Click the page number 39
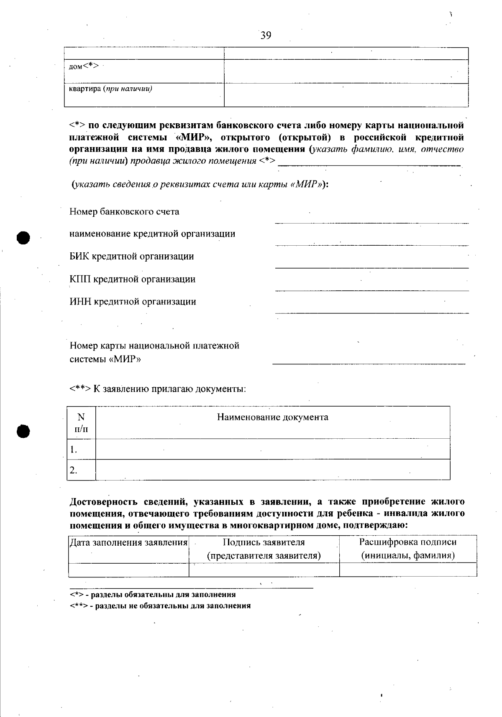pyautogui.click(x=266, y=36)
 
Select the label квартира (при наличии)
pyautogui.click(x=110, y=89)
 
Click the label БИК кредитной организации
pyautogui.click(x=132, y=256)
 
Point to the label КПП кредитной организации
pyautogui.click(x=132, y=279)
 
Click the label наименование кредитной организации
pyautogui.click(x=152, y=234)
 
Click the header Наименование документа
pyautogui.click(x=272, y=417)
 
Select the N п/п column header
pyautogui.click(x=82, y=422)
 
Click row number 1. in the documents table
pyautogui.click(x=74, y=450)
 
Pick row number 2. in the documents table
pyautogui.click(x=74, y=470)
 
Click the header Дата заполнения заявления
pyautogui.click(x=128, y=542)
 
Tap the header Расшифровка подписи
pyautogui.click(x=408, y=542)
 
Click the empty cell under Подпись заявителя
pyautogui.click(x=264, y=570)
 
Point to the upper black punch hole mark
pyautogui.click(x=23, y=237)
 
